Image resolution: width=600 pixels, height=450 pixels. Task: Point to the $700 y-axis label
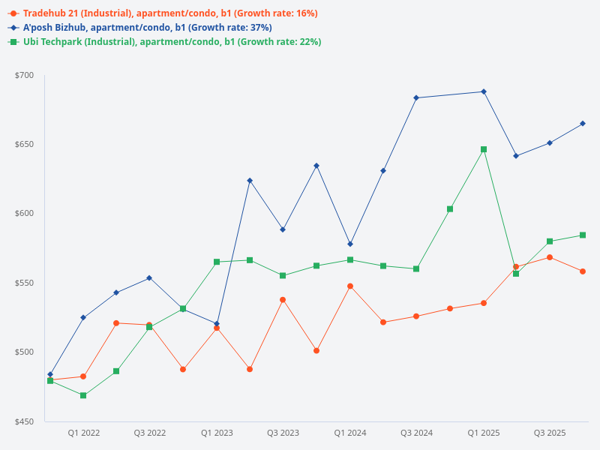point(24,75)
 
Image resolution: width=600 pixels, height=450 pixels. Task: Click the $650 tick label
point(24,145)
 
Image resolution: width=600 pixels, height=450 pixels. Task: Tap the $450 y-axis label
point(24,421)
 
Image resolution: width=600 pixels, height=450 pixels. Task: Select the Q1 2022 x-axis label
point(84,433)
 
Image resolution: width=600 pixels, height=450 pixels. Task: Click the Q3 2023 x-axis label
point(283,433)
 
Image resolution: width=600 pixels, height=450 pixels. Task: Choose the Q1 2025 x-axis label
point(484,433)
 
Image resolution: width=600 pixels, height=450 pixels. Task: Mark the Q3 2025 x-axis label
point(550,433)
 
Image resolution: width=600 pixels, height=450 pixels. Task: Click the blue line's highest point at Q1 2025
point(484,91)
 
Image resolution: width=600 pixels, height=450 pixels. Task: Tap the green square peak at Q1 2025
point(484,149)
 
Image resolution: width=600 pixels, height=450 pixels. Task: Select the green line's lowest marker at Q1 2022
point(83,395)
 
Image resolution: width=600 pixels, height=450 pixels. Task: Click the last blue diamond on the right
point(583,123)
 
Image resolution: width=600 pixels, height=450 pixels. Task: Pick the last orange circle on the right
point(583,271)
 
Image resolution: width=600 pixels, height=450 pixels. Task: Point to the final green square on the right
point(583,235)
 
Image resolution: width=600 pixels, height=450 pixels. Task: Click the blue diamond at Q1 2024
point(350,244)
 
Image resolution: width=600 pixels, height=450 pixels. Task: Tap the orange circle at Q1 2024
point(350,286)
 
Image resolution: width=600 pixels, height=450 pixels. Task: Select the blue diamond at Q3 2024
point(416,97)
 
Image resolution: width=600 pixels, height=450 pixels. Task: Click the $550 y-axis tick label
point(24,283)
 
